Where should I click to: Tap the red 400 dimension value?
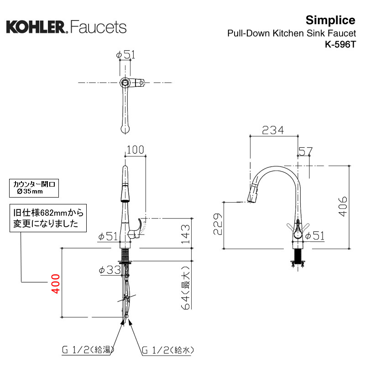coord(55,283)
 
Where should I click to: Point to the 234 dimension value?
coord(273,130)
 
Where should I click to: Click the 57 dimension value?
coord(306,151)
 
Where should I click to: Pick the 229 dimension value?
coord(218,225)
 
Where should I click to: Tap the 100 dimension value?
coord(135,150)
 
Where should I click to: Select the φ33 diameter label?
coord(109,270)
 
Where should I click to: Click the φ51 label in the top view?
coord(126,55)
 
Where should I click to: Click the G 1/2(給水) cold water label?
coord(168,350)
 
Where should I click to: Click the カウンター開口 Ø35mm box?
coord(35,188)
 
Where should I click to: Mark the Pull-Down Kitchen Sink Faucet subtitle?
coord(292,33)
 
